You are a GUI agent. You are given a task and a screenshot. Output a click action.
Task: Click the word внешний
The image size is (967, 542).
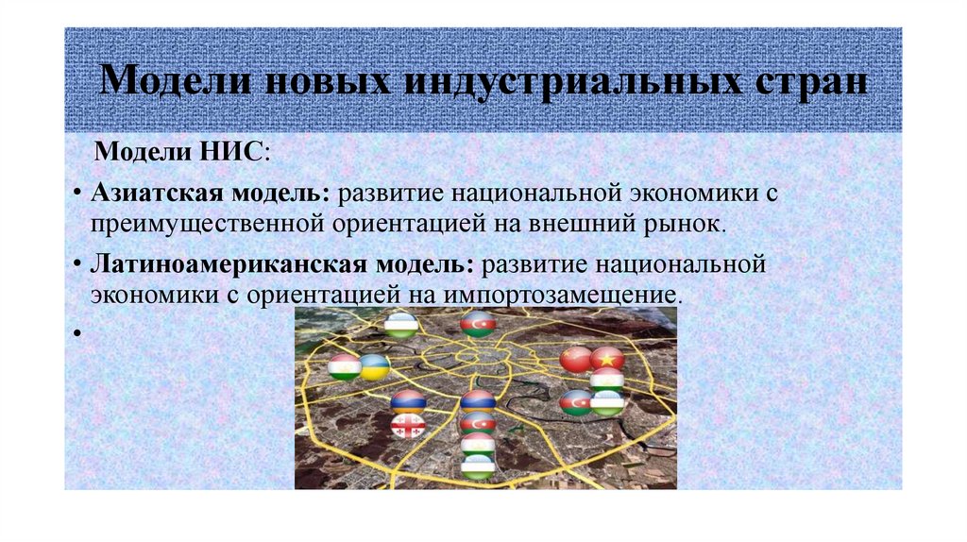tap(600, 224)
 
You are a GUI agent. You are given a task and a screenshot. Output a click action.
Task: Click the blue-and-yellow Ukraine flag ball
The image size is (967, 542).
tap(374, 366)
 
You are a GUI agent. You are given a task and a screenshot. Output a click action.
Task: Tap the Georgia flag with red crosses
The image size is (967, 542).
tap(408, 427)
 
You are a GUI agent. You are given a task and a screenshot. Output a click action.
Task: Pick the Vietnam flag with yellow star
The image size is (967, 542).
tap(607, 359)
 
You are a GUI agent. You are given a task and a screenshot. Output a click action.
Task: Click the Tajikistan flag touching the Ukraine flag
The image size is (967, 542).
tap(346, 367)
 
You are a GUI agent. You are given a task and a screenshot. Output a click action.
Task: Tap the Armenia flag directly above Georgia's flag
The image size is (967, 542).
tap(408, 402)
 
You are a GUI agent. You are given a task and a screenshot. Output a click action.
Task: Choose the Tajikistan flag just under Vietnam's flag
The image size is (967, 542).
tap(606, 381)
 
